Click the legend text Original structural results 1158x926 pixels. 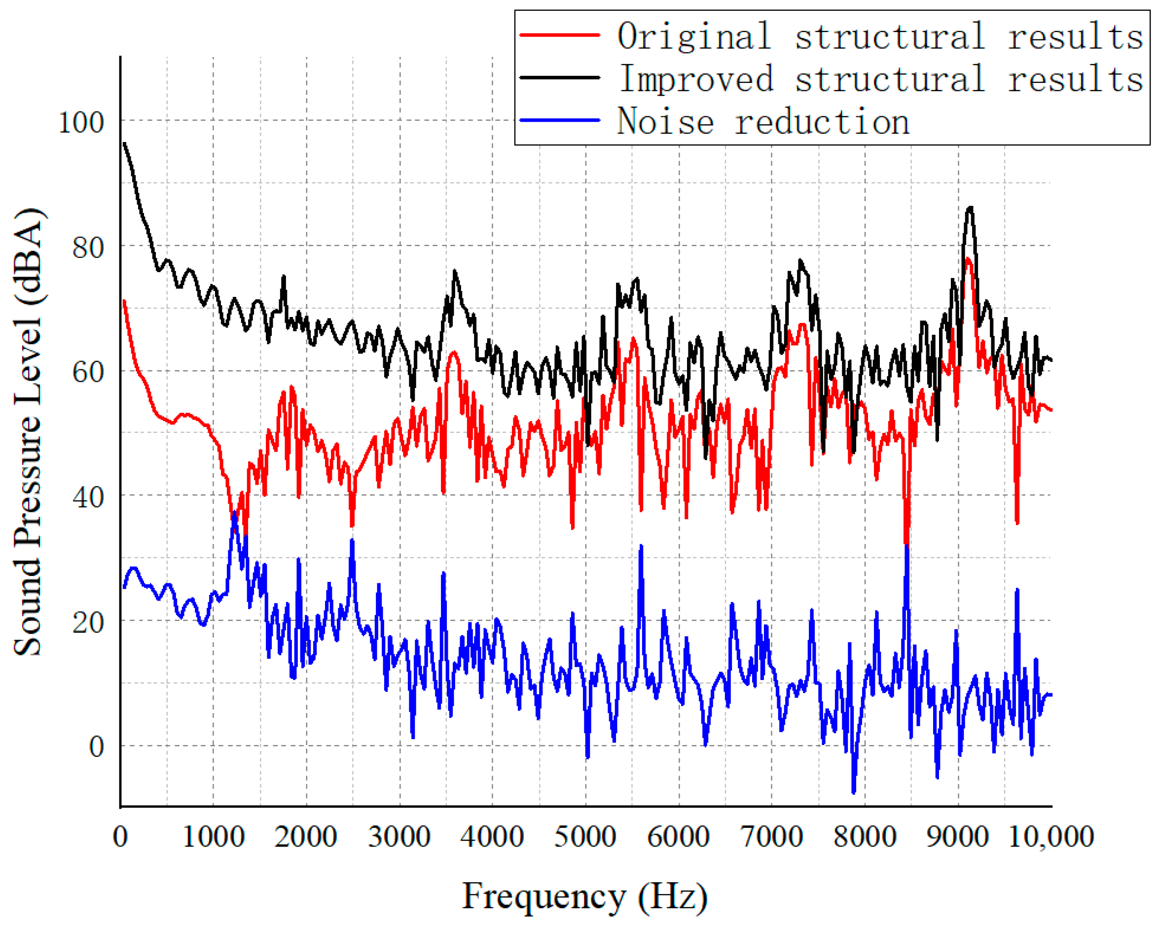tap(880, 36)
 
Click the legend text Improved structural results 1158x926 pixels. tap(881, 79)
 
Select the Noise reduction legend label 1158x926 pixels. tap(762, 121)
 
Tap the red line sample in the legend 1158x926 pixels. tap(559, 35)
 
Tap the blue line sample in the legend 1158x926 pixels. tap(559, 120)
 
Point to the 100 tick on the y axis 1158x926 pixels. tap(80, 122)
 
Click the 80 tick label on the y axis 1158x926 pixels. tap(88, 248)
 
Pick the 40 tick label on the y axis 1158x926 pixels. tap(88, 498)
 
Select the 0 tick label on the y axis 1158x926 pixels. tap(96, 747)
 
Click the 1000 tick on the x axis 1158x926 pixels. tap(213, 837)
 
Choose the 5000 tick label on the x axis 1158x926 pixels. tap(585, 837)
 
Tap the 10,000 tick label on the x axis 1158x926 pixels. tap(1050, 837)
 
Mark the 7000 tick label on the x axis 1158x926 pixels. tap(771, 837)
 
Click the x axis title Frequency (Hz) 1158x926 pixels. tap(584, 896)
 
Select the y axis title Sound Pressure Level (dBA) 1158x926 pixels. tap(28, 432)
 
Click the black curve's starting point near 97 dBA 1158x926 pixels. tap(124, 143)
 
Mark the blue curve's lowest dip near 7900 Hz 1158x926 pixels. tap(854, 792)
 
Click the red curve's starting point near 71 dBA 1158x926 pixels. tap(124, 301)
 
